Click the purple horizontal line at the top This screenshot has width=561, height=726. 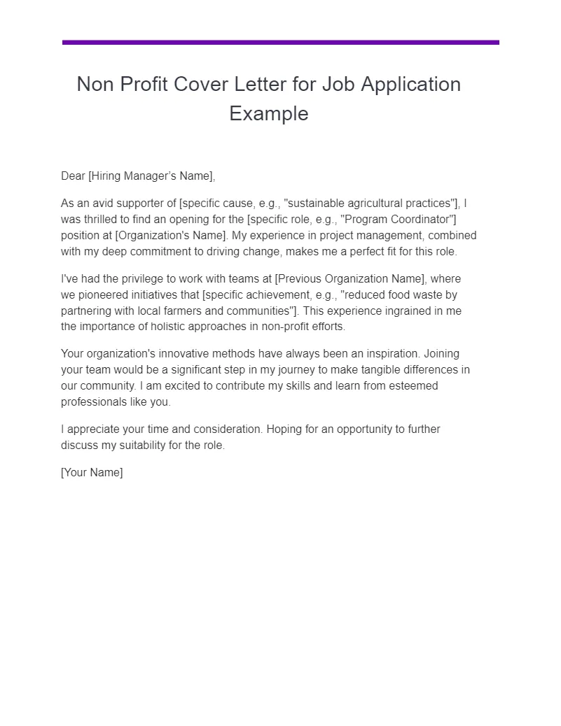[x=280, y=43]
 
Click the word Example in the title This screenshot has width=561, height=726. [x=269, y=113]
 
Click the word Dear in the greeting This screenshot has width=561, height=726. [x=73, y=176]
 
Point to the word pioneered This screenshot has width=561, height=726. [x=104, y=295]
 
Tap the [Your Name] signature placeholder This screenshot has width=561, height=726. [x=92, y=473]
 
